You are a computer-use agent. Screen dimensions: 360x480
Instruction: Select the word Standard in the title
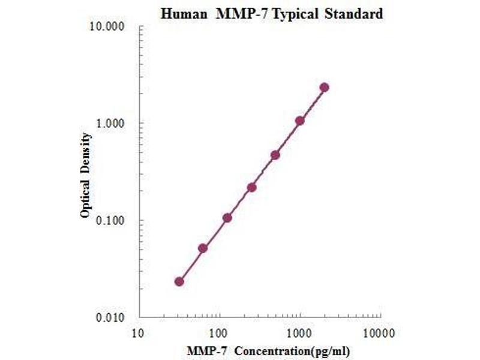(354, 14)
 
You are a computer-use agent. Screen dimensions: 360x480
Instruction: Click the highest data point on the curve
(324, 88)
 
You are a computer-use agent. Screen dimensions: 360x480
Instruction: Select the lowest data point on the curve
(179, 281)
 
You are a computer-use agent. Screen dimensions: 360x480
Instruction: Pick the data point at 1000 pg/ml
(299, 121)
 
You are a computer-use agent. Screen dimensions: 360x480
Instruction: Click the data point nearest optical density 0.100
(227, 218)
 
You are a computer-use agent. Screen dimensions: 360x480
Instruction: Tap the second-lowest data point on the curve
(203, 248)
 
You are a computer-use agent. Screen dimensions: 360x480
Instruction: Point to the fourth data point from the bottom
(251, 188)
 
